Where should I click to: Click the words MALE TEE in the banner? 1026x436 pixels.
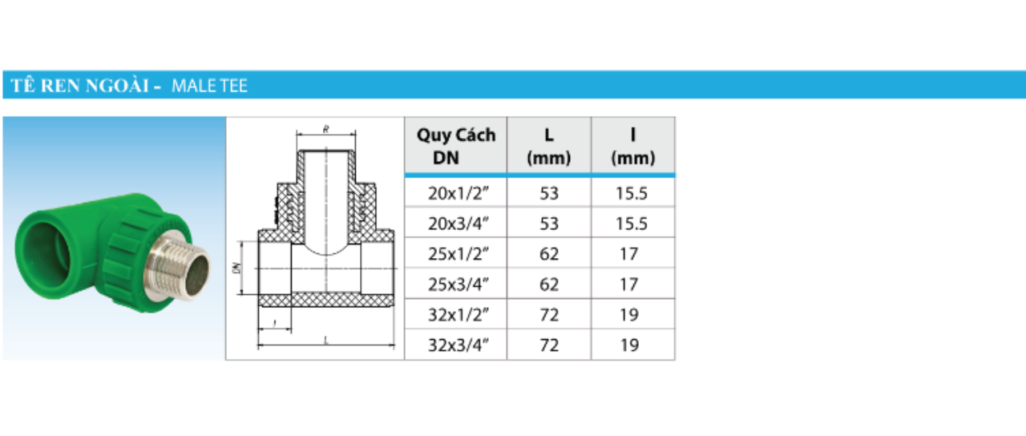pyautogui.click(x=209, y=86)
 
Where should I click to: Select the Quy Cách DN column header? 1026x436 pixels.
pyautogui.click(x=456, y=146)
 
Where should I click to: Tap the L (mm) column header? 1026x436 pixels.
pyautogui.click(x=549, y=146)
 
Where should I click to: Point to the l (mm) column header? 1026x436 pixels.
pyautogui.click(x=633, y=146)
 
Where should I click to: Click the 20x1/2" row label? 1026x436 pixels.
pyautogui.click(x=458, y=193)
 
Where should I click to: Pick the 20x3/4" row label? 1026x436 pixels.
pyautogui.click(x=458, y=224)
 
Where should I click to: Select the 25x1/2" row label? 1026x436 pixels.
pyautogui.click(x=458, y=254)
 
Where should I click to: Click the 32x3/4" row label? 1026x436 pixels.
pyautogui.click(x=458, y=345)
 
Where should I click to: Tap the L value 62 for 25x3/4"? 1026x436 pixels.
pyautogui.click(x=549, y=285)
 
